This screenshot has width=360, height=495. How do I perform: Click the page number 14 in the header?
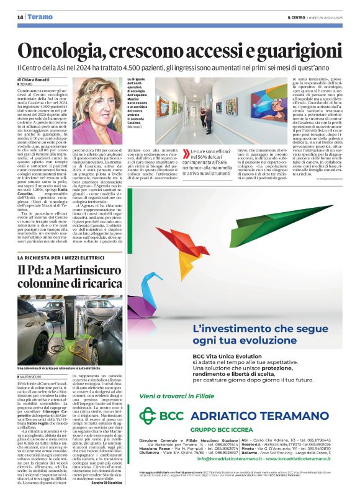click(20, 17)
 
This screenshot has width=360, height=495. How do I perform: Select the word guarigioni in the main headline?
click(292, 50)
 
